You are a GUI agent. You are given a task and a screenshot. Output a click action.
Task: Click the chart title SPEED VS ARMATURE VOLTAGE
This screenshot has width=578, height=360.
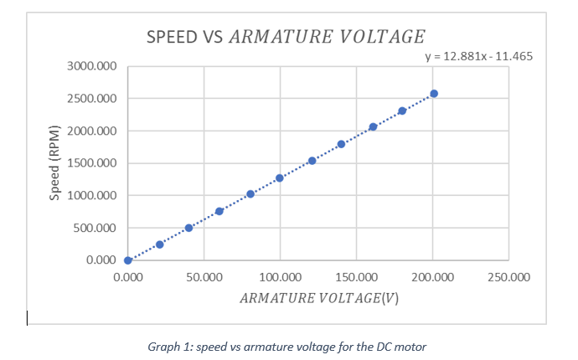point(286,37)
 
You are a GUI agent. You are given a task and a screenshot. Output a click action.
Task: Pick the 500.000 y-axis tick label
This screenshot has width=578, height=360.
point(94,228)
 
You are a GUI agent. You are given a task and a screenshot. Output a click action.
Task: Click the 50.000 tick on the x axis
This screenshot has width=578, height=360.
point(204,276)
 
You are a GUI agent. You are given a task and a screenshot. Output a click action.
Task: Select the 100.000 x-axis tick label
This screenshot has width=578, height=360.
point(280,276)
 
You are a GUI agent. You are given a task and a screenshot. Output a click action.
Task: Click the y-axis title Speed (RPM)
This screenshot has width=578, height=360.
point(55,163)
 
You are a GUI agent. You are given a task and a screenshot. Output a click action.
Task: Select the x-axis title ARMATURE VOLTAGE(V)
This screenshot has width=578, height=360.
point(318,299)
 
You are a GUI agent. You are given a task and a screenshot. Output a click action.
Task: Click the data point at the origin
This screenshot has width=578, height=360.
point(128,260)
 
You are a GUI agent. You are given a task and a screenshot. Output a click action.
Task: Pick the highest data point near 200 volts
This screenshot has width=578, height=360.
point(434,94)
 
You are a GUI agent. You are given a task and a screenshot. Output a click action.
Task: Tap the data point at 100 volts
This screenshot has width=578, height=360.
point(280,178)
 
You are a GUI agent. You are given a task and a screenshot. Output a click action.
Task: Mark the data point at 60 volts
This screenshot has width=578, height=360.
point(219,212)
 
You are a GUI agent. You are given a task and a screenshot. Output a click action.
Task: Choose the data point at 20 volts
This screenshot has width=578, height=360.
point(159,244)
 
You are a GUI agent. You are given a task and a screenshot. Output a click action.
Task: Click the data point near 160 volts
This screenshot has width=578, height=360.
point(373,127)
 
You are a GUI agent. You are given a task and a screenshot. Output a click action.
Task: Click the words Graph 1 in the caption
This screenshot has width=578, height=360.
point(164,347)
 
